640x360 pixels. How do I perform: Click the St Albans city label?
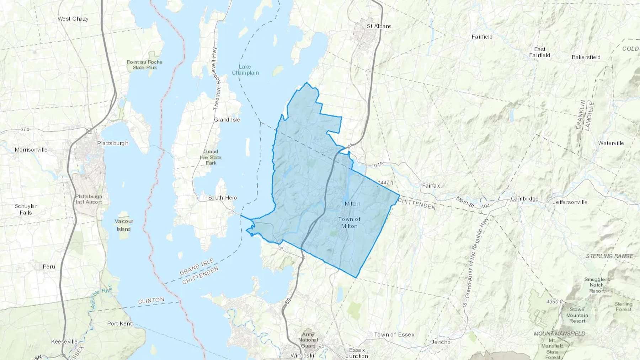click(x=379, y=26)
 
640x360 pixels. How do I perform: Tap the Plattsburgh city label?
click(x=113, y=143)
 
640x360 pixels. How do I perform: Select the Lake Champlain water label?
click(x=245, y=70)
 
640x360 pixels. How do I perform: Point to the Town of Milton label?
click(x=349, y=222)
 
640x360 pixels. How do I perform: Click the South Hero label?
click(x=223, y=198)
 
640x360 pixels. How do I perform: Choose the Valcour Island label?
click(x=124, y=225)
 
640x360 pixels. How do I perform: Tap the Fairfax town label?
click(x=431, y=186)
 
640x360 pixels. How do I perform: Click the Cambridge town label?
click(x=524, y=199)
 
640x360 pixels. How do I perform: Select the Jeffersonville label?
click(x=570, y=202)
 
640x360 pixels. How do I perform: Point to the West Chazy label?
click(x=73, y=19)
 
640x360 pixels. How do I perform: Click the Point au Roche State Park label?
click(x=145, y=65)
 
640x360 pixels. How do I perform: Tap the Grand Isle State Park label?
click(x=211, y=157)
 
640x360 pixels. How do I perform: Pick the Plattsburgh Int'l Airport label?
click(x=89, y=199)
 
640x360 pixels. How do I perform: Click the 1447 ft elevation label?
click(x=385, y=183)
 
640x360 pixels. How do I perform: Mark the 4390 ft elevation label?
click(x=555, y=301)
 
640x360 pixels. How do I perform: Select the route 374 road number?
click(x=25, y=129)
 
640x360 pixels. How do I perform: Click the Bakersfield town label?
click(x=586, y=57)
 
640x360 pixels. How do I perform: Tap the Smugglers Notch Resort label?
click(x=597, y=285)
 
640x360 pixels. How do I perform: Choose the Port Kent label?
click(x=119, y=324)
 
